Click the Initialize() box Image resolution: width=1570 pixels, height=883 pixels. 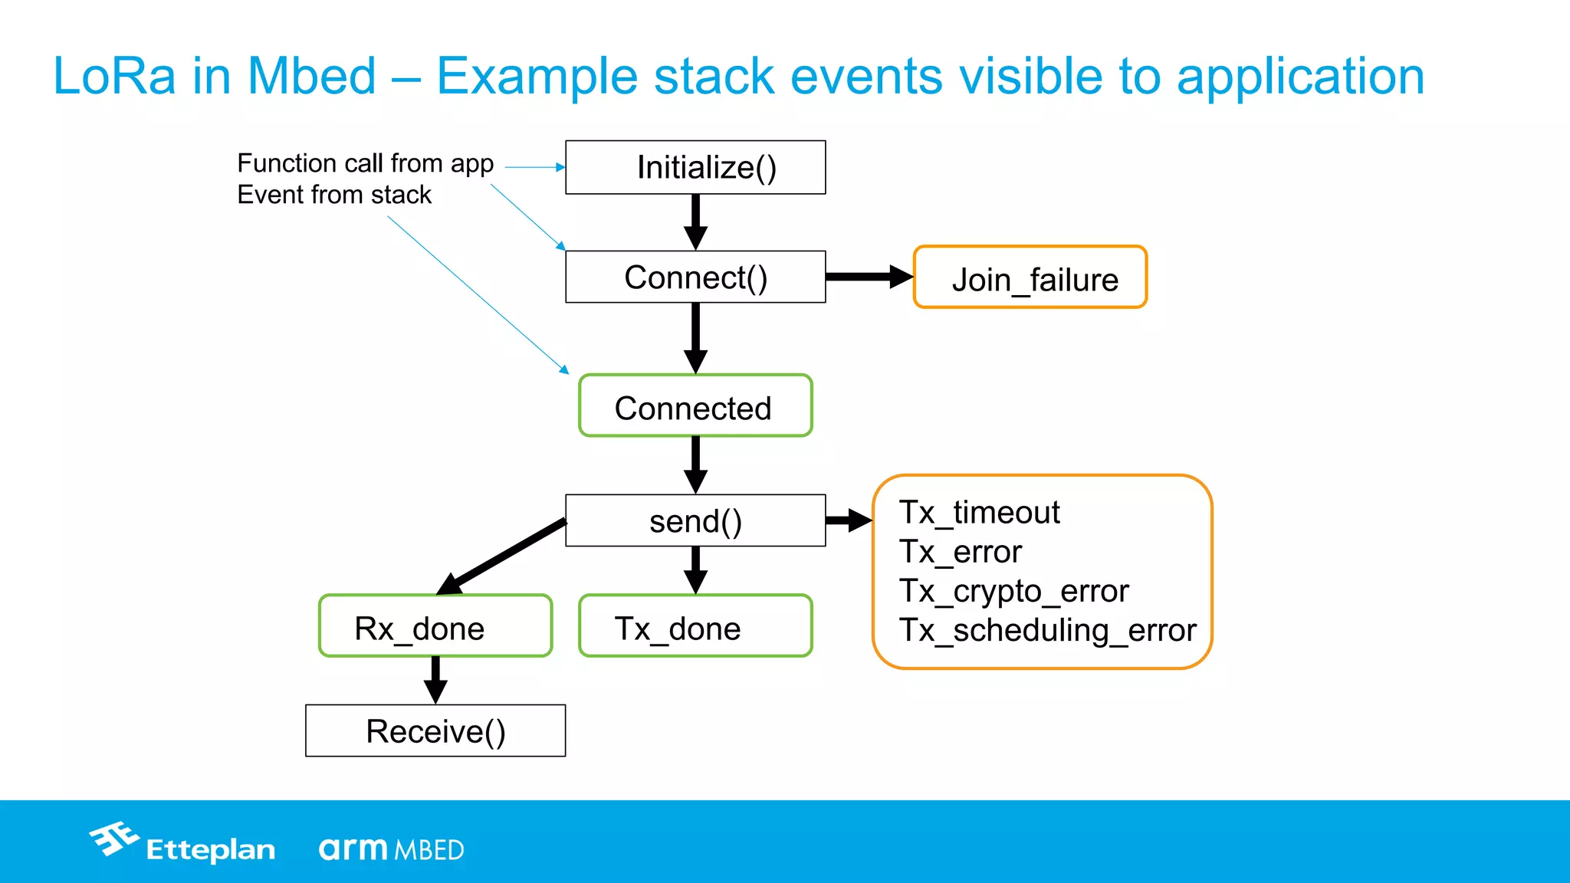695,167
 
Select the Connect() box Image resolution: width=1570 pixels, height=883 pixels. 695,277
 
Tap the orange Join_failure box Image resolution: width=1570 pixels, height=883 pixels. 1030,277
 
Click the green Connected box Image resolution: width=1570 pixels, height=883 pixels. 695,406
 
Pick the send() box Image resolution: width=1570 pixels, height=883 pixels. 695,520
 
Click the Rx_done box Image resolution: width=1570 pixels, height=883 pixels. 435,626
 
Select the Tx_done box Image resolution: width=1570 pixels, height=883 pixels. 695,626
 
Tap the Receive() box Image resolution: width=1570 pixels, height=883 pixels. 435,730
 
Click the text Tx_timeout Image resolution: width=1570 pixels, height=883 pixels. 979,512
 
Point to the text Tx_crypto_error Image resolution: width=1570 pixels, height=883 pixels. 1013,591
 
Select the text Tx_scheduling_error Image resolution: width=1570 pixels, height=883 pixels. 1046,630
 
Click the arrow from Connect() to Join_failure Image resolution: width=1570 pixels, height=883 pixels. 869,277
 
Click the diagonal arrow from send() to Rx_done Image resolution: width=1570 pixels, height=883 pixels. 502,556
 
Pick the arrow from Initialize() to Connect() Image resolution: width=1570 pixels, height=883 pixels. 695,222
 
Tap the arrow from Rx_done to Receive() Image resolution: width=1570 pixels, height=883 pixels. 435,680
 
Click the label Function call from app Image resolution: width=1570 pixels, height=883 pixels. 365,163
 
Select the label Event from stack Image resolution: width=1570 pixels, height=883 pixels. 334,195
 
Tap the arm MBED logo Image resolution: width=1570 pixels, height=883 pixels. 391,849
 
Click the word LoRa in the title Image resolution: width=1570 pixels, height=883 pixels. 114,76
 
